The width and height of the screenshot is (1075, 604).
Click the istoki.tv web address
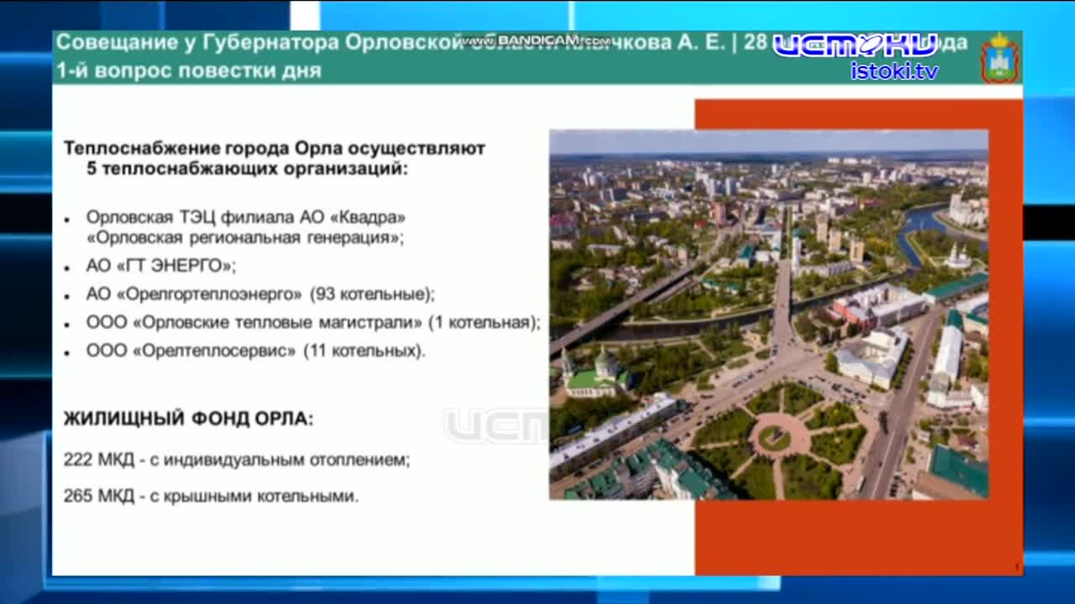click(x=894, y=70)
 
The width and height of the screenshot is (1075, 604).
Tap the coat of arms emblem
click(x=999, y=58)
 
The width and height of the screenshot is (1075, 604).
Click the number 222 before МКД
click(x=76, y=460)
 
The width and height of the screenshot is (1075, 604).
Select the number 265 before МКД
click(x=76, y=496)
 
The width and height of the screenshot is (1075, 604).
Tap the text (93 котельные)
click(x=372, y=294)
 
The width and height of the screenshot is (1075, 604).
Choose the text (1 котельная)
click(x=484, y=322)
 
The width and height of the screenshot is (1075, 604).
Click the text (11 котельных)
click(x=364, y=350)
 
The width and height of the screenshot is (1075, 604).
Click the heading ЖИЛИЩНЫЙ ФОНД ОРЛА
click(x=188, y=419)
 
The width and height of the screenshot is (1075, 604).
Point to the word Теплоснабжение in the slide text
click(x=129, y=148)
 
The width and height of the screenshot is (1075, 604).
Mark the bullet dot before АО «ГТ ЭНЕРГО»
click(x=67, y=268)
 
